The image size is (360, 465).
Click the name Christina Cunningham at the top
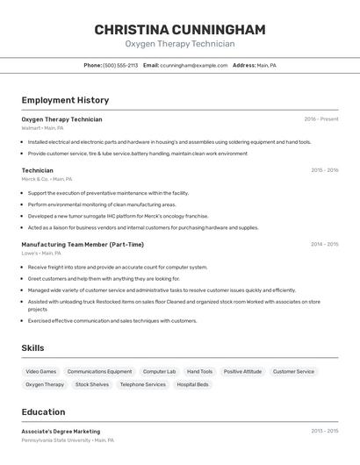tap(180, 30)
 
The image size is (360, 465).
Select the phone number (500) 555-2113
tap(120, 65)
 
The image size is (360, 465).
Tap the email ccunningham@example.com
tap(193, 65)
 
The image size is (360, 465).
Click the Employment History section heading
tap(65, 100)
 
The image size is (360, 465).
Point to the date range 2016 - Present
tap(320, 119)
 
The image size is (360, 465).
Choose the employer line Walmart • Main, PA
tap(42, 128)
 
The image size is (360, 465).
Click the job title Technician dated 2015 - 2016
tap(37, 170)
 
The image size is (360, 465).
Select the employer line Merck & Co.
tap(47, 179)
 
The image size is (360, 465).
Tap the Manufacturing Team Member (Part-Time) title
tap(83, 245)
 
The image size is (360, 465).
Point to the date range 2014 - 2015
tap(324, 245)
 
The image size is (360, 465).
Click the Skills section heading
tap(32, 348)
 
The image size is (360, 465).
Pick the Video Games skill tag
tap(40, 371)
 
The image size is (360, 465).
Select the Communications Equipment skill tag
tap(99, 371)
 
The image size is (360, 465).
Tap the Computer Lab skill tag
tap(159, 371)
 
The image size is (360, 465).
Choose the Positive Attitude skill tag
tap(242, 371)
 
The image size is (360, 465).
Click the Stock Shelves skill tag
tap(92, 384)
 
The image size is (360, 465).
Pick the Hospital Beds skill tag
tap(192, 384)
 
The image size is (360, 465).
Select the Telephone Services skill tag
tap(142, 384)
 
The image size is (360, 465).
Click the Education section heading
tap(43, 411)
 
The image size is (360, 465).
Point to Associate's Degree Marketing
tap(61, 432)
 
